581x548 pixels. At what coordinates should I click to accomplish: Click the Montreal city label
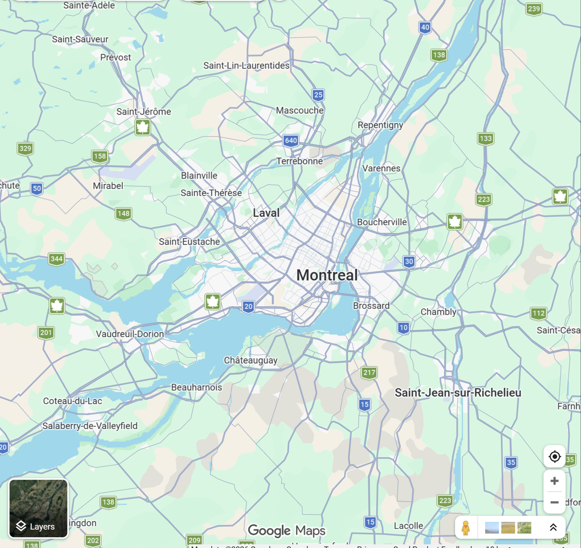(327, 275)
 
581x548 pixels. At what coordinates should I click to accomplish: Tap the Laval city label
(266, 213)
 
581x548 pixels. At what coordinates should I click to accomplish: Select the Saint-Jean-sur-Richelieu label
(458, 392)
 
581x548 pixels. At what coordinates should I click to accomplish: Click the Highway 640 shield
(291, 140)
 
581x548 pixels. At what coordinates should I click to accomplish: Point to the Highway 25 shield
(318, 95)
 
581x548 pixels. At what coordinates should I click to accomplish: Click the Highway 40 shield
(425, 28)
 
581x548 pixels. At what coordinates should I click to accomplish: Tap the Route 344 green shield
(56, 259)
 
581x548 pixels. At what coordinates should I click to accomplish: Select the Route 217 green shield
(369, 373)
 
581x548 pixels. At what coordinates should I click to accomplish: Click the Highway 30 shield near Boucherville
(409, 261)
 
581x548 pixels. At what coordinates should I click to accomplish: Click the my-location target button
(554, 456)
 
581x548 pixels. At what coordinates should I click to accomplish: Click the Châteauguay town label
(250, 360)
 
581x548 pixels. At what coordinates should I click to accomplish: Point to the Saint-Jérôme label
(144, 112)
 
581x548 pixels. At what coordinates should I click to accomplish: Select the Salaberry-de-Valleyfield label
(90, 426)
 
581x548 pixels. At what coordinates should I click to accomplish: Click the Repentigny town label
(380, 125)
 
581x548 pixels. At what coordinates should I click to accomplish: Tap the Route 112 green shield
(538, 314)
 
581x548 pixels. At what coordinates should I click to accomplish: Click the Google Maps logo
(287, 530)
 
